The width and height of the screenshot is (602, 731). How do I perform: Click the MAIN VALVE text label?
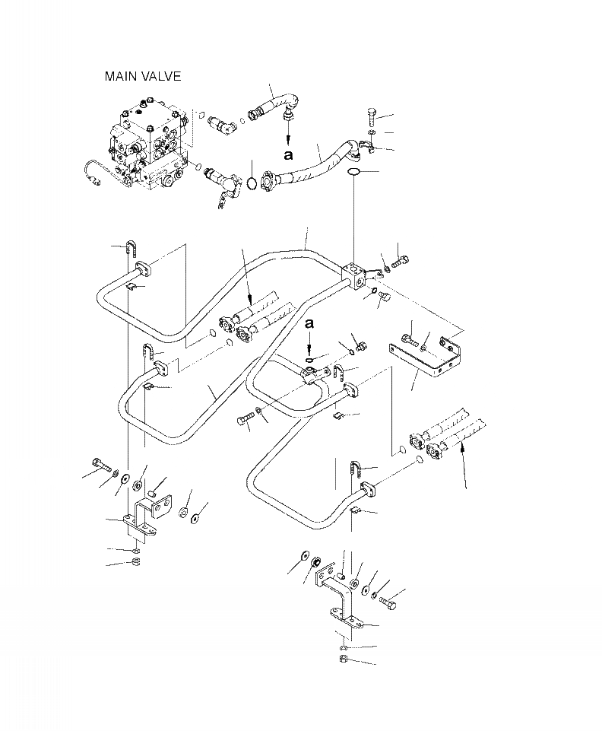143,77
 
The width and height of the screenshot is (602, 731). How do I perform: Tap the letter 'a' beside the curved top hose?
288,154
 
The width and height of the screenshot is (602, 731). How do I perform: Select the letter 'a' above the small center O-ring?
309,325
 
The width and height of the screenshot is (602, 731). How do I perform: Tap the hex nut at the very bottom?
342,659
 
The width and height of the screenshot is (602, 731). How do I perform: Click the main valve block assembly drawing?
149,145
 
